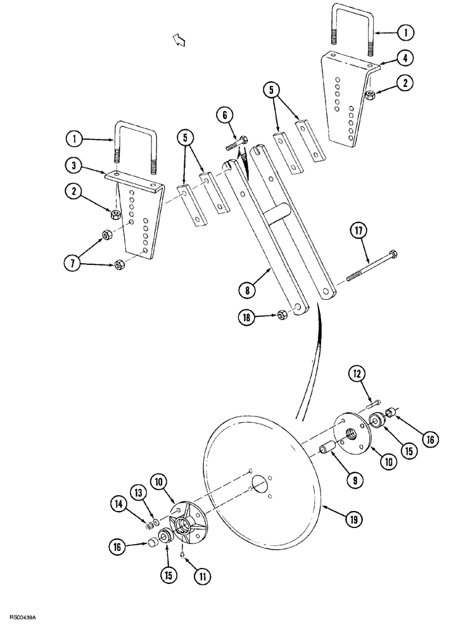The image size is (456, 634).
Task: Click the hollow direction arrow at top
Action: pos(181,40)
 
